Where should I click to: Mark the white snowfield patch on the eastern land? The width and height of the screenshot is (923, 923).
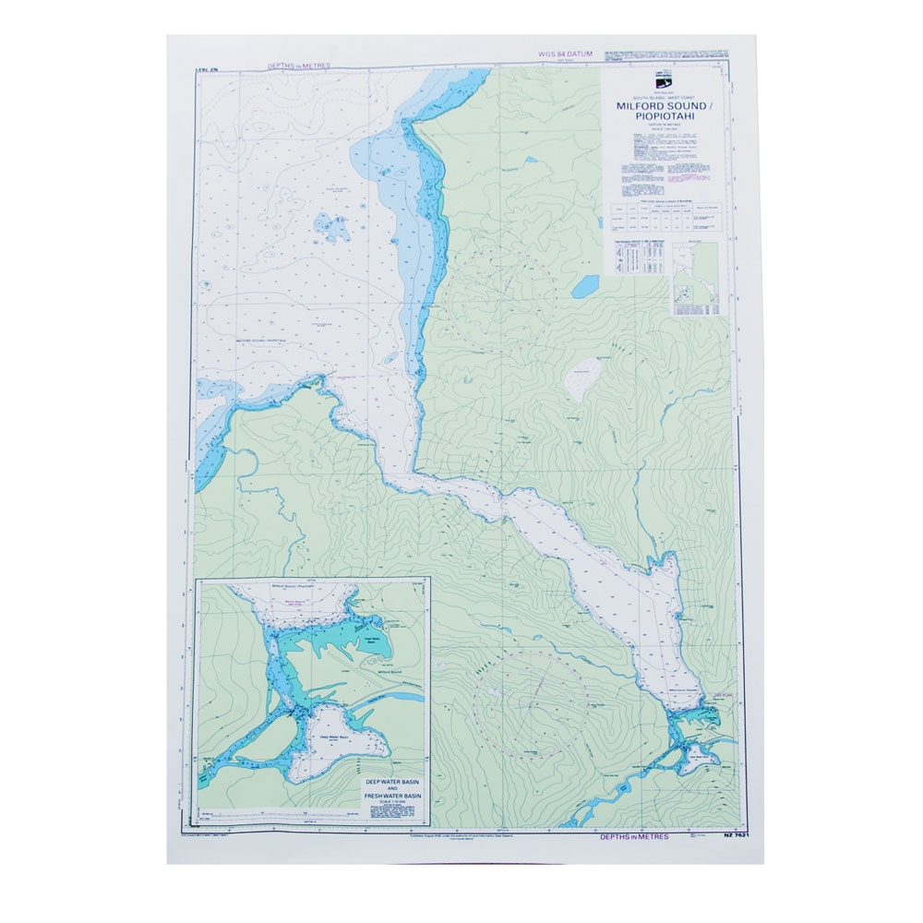pyautogui.click(x=583, y=378)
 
